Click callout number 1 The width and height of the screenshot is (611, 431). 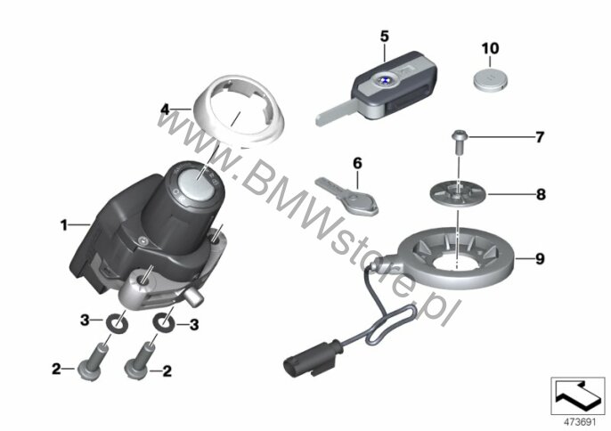(64, 225)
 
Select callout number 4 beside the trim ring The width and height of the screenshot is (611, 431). (165, 110)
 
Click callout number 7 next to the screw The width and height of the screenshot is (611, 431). (538, 137)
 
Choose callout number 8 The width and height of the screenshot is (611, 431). (540, 192)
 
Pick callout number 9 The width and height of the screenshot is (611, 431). (539, 259)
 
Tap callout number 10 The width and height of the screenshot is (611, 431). (491, 46)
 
